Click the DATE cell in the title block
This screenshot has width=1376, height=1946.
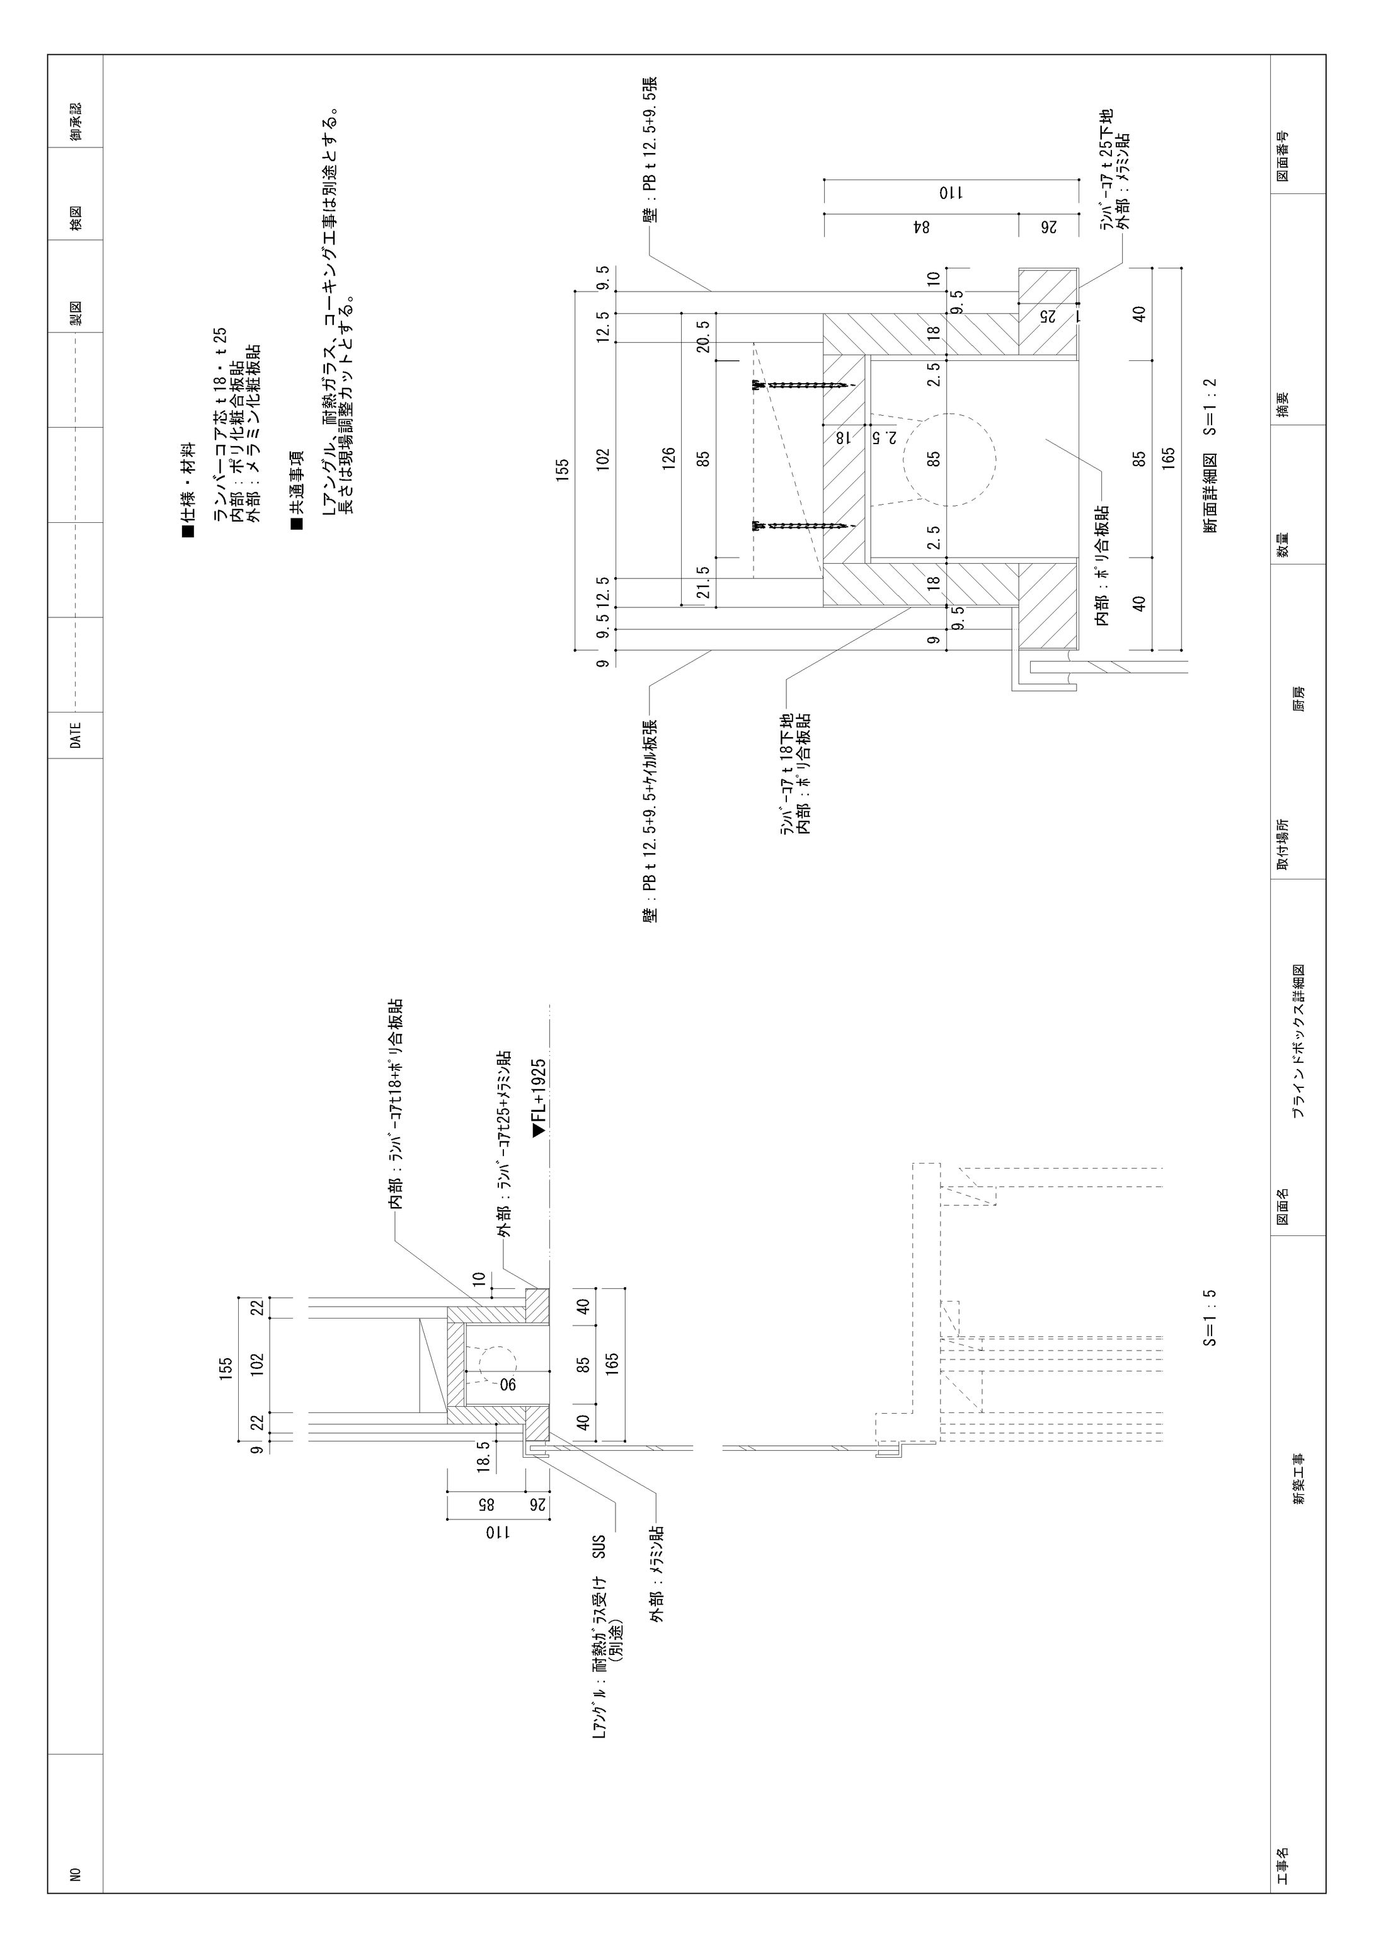(x=76, y=735)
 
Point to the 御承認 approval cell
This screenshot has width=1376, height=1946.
(x=76, y=122)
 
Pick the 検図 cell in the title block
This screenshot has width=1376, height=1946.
(x=76, y=224)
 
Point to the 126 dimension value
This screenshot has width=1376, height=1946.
(x=669, y=459)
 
